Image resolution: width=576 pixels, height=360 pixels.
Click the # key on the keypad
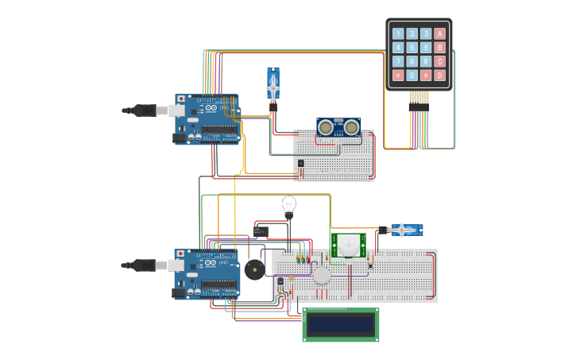[426, 75]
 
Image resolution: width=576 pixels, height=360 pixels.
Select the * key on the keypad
[399, 75]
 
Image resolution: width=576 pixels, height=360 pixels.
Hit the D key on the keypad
[440, 75]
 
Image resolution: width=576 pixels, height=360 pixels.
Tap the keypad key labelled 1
[399, 33]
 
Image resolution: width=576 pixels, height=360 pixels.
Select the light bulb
[289, 206]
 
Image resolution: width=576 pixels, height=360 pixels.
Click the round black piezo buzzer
[253, 270]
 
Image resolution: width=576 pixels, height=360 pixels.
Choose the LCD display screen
[341, 324]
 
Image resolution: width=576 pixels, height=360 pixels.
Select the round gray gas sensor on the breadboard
[321, 276]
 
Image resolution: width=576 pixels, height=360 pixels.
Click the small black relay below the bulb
[261, 230]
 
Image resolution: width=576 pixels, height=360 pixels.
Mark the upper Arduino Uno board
[207, 119]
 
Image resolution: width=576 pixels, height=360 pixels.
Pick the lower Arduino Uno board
[207, 274]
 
